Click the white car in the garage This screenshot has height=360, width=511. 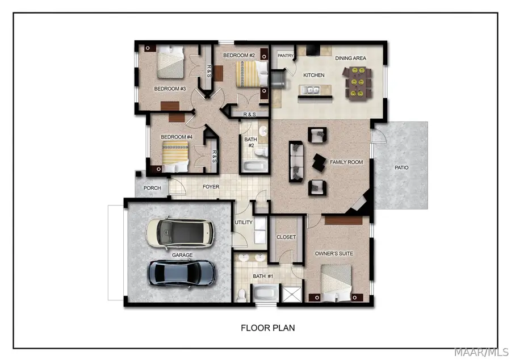181,233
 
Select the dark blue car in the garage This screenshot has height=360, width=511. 182,273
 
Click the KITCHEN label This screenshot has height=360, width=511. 313,75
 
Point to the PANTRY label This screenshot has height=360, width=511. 285,56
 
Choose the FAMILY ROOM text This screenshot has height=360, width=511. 346,162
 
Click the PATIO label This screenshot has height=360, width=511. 401,168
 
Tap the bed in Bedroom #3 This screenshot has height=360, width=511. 170,62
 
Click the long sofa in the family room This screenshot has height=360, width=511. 296,162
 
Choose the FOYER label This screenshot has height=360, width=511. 211,187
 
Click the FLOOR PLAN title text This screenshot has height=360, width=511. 267,328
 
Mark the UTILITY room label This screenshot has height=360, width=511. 244,222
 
